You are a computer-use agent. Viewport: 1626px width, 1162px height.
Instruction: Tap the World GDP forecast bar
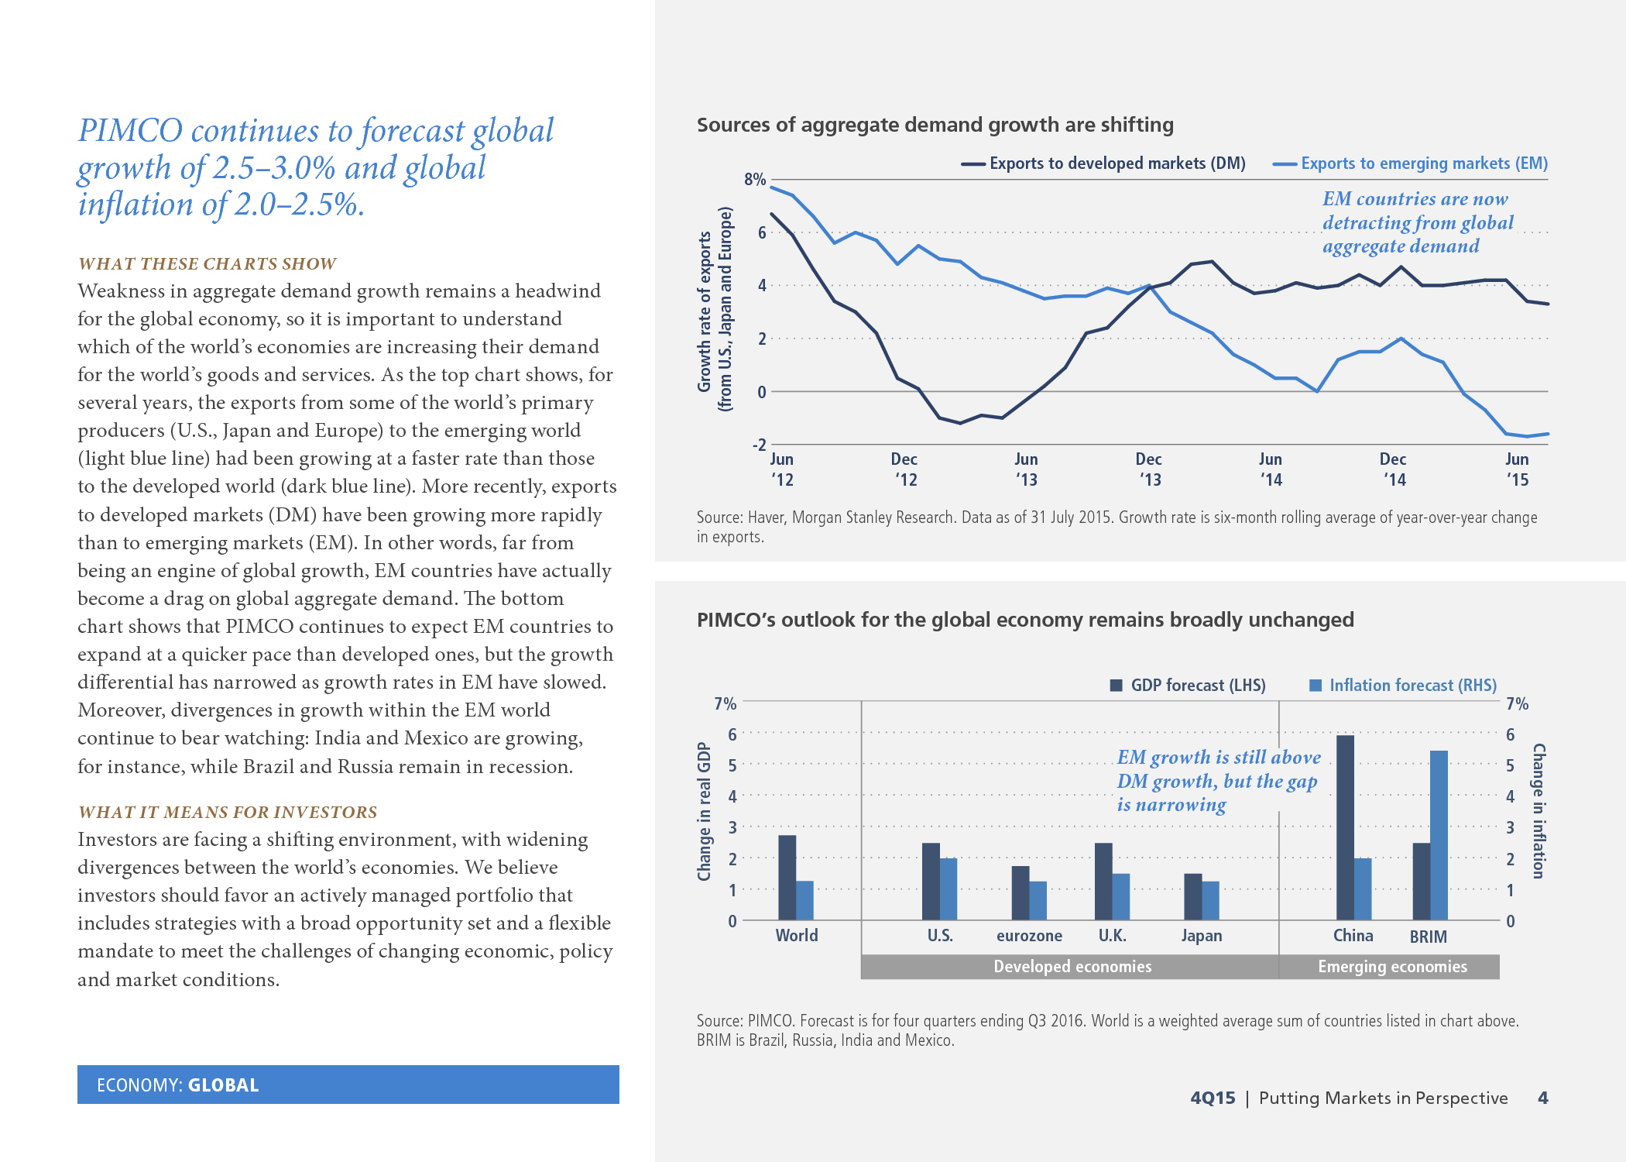[x=787, y=877]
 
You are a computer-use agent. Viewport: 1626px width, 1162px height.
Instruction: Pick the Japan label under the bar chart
[x=1201, y=936]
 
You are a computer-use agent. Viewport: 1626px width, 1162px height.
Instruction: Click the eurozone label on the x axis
[x=1029, y=936]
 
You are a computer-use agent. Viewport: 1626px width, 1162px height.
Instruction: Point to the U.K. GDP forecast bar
[x=1103, y=881]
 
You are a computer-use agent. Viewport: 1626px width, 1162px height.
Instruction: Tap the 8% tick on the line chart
[x=754, y=180]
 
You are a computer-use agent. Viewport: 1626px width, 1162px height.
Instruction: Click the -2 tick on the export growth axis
[x=759, y=445]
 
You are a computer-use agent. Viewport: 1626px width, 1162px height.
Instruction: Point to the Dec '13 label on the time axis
[x=1149, y=469]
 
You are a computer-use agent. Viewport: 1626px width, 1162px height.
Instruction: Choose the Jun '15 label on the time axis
[x=1517, y=469]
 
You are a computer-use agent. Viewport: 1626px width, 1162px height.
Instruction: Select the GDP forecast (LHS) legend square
[x=1117, y=686]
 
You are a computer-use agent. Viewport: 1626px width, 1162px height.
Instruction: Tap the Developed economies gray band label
[x=1072, y=967]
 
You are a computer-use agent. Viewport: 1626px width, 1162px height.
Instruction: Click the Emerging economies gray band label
[x=1392, y=967]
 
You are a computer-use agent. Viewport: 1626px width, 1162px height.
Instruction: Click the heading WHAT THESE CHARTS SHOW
[x=208, y=264]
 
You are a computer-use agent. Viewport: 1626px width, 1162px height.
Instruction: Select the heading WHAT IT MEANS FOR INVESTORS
[x=228, y=813]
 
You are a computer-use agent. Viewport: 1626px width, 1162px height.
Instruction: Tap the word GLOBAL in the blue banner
[x=224, y=1085]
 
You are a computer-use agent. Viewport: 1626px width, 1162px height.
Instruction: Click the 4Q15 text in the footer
[x=1213, y=1098]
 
